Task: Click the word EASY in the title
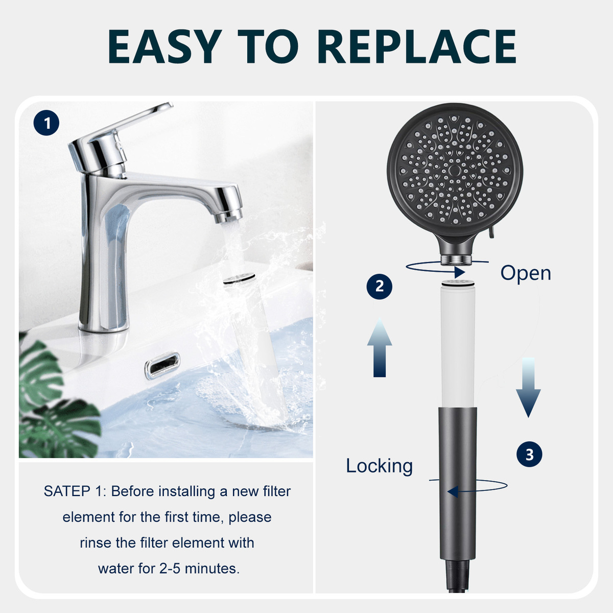pyautogui.click(x=164, y=46)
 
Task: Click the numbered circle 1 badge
pyautogui.click(x=46, y=123)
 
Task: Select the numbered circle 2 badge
pyautogui.click(x=379, y=286)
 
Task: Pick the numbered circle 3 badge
pyautogui.click(x=529, y=454)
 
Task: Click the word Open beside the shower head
pyautogui.click(x=526, y=273)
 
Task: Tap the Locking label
pyautogui.click(x=379, y=466)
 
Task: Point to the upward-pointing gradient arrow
pyautogui.click(x=379, y=347)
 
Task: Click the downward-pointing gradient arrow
pyautogui.click(x=528, y=387)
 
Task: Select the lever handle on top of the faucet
pyautogui.click(x=121, y=130)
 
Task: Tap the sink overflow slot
pyautogui.click(x=162, y=366)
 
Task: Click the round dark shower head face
pyautogui.click(x=455, y=170)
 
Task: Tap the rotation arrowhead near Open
pyautogui.click(x=460, y=272)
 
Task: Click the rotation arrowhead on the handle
pyautogui.click(x=453, y=491)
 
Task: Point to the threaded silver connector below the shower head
pyautogui.click(x=457, y=259)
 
